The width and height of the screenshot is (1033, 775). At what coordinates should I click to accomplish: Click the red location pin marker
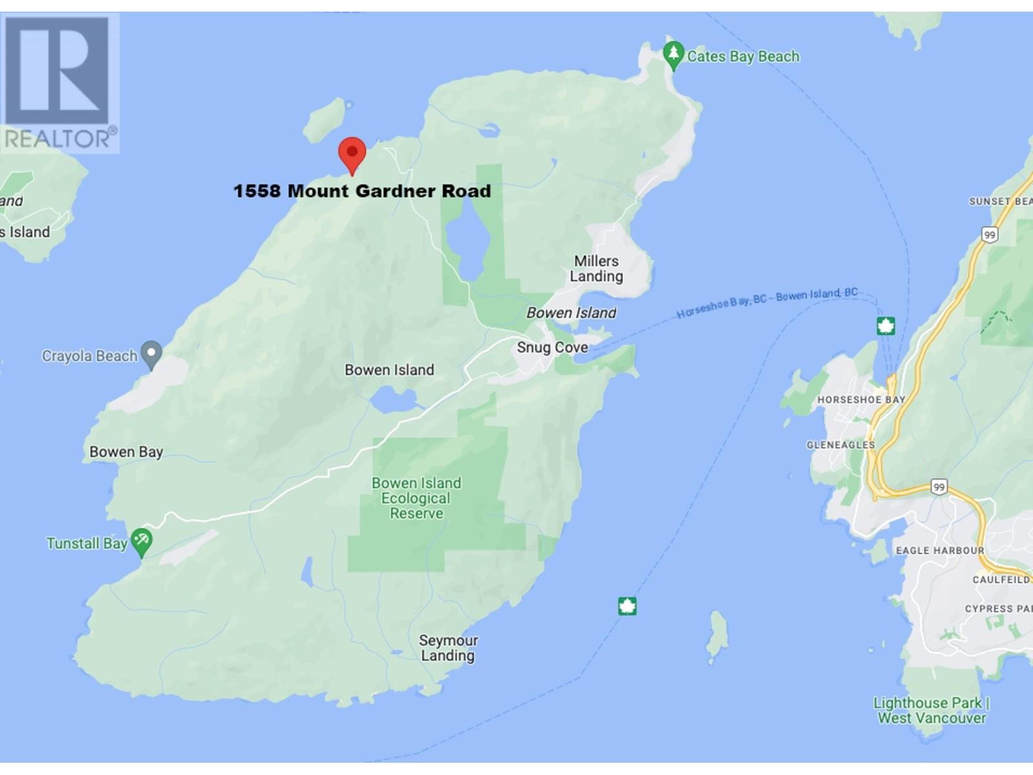352,153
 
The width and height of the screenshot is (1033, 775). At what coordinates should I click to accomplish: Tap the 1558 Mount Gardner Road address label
362,191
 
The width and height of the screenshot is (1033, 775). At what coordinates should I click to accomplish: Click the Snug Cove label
552,347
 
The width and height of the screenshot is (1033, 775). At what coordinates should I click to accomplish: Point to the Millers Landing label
597,269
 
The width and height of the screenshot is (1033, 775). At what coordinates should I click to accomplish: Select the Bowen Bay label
126,452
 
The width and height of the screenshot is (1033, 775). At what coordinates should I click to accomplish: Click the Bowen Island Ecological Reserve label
416,498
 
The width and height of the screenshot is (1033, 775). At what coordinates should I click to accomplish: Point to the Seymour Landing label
448,648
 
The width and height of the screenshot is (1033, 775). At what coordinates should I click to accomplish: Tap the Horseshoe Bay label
861,400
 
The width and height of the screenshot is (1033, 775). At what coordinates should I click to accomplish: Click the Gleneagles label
840,445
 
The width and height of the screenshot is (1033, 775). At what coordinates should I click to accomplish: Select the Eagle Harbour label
939,551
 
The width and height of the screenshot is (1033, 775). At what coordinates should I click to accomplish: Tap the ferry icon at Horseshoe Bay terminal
885,325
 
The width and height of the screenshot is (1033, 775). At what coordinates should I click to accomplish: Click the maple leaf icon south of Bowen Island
627,606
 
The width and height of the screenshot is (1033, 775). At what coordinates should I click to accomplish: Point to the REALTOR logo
60,82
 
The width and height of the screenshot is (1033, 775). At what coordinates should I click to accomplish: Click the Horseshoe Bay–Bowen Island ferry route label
767,303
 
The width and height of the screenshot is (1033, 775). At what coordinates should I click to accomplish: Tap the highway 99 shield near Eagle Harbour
939,487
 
